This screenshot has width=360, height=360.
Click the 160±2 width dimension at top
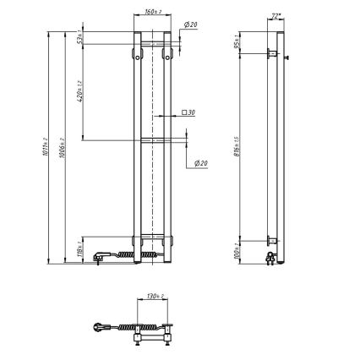click(x=153, y=12)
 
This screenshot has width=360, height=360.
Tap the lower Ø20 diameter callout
click(x=201, y=163)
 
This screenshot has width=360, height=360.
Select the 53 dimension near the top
click(x=79, y=38)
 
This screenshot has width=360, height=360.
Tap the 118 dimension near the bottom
click(x=79, y=248)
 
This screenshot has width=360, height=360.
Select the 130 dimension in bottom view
click(x=153, y=297)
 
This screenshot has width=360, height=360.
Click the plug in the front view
click(x=101, y=254)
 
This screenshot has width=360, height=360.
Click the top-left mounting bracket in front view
click(x=136, y=54)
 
